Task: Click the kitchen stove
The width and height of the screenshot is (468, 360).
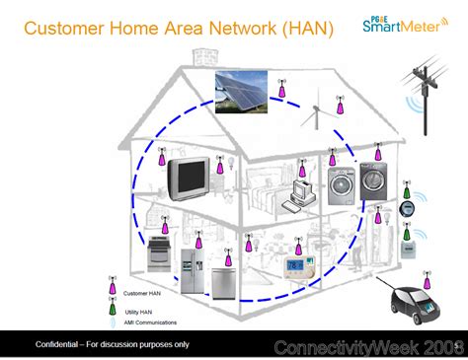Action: pos(161,257)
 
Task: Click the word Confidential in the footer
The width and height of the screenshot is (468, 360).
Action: pos(58,344)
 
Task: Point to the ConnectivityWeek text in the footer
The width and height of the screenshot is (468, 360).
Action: pos(345,347)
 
